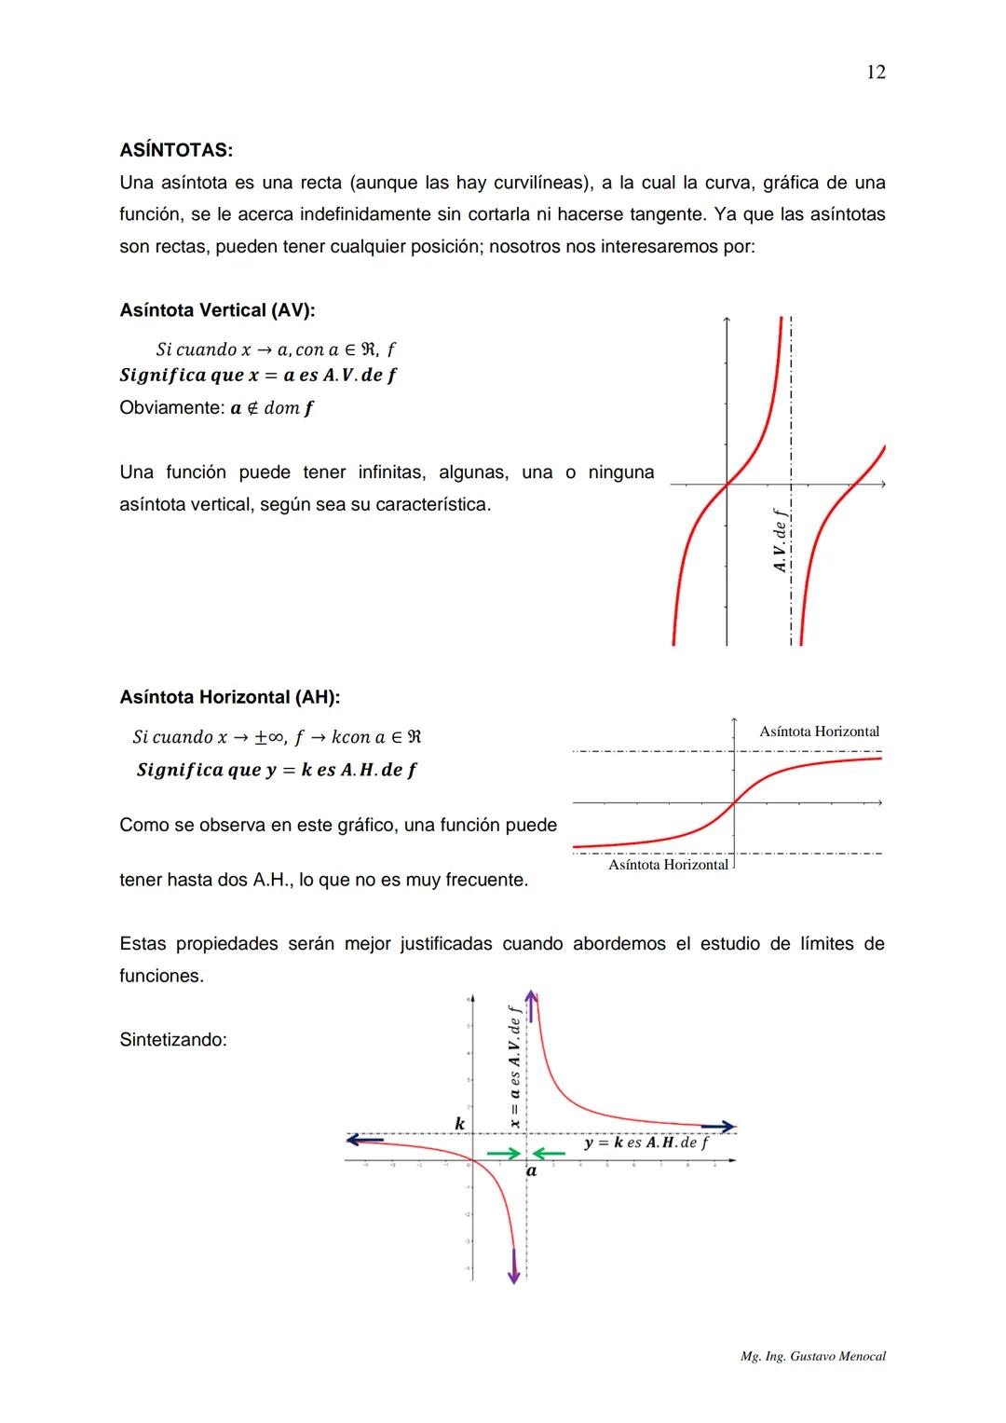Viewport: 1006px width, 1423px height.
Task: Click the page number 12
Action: point(875,73)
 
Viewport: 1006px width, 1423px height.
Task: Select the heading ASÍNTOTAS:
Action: point(176,150)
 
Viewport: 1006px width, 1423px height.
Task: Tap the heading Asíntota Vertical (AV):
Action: point(217,310)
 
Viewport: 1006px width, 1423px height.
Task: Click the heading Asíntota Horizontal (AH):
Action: point(229,697)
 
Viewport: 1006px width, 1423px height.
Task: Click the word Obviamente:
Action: point(171,408)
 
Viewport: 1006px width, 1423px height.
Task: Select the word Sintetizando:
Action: point(172,1040)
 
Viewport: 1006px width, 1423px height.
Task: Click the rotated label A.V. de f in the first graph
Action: point(781,540)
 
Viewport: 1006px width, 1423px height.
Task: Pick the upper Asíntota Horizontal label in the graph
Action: point(819,732)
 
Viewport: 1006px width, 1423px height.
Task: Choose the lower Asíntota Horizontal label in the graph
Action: point(668,865)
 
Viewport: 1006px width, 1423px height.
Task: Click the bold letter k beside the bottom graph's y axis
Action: point(459,1124)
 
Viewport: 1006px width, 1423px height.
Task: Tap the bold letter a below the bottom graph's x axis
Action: point(532,1171)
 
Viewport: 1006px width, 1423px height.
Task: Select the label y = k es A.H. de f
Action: point(646,1143)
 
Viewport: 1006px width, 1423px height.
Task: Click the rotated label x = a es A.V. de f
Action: point(513,1067)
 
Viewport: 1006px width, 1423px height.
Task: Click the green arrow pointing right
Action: point(503,1154)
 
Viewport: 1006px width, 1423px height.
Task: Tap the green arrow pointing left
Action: point(549,1154)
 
